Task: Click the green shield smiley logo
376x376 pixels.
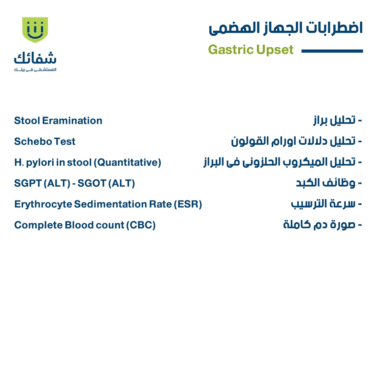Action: [x=35, y=29]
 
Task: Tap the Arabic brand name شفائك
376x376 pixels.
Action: [x=35, y=58]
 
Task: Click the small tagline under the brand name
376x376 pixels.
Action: [x=35, y=70]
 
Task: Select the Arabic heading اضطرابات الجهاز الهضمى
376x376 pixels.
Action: [x=286, y=28]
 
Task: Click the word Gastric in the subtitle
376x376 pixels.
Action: [x=231, y=50]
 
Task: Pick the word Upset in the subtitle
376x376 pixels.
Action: [x=275, y=50]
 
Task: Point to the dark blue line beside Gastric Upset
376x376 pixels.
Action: [x=332, y=51]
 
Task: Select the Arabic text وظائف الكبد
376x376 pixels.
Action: [x=326, y=183]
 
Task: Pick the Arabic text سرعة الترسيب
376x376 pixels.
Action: [x=323, y=204]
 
